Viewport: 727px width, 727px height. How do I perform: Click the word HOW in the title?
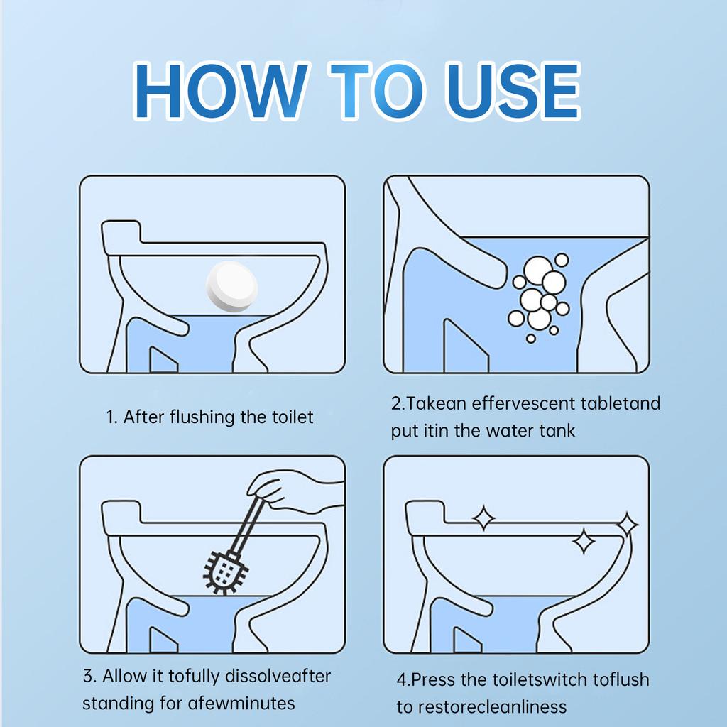point(221,92)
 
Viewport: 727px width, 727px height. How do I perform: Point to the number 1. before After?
point(112,417)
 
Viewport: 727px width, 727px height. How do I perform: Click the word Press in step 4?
point(434,679)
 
